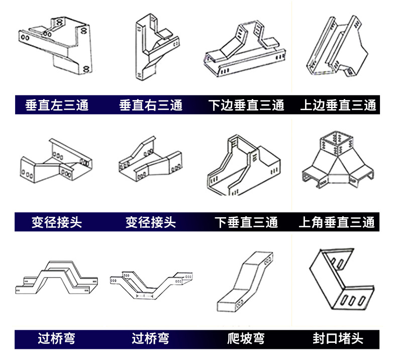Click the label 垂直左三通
(x=57, y=106)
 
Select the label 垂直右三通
(x=151, y=106)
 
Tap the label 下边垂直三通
(x=246, y=106)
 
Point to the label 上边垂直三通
(x=338, y=106)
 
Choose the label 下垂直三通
(x=246, y=222)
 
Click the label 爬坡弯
(x=246, y=338)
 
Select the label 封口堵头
(x=338, y=338)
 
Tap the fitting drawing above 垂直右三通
(x=153, y=48)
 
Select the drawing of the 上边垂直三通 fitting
(x=334, y=48)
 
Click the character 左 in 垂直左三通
(x=57, y=106)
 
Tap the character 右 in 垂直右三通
(x=151, y=106)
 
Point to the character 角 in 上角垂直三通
(x=322, y=222)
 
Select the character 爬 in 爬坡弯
(x=234, y=338)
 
